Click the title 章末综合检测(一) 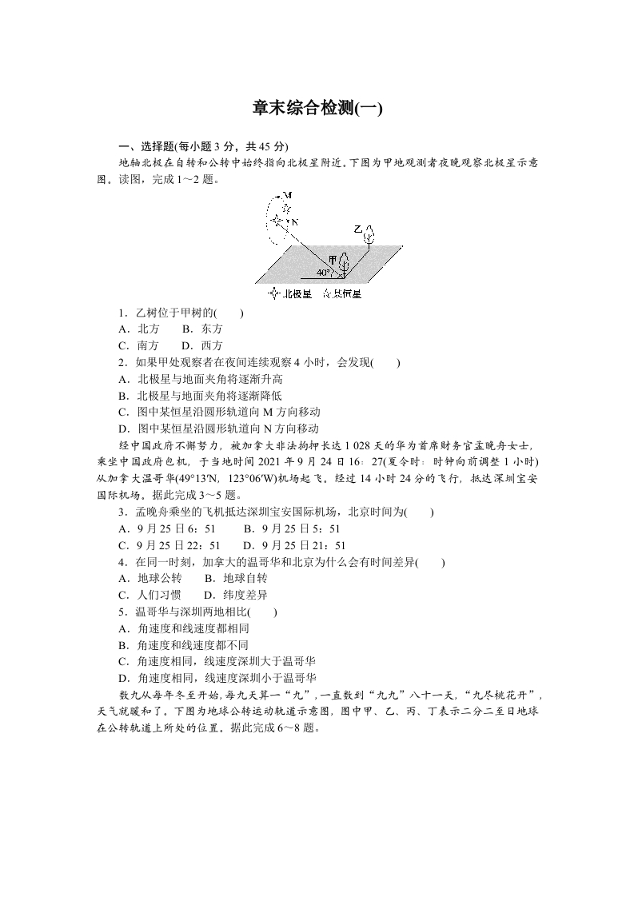pyautogui.click(x=317, y=108)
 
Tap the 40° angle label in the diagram pyautogui.click(x=322, y=273)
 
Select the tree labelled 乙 pyautogui.click(x=369, y=235)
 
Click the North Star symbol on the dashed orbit pyautogui.click(x=277, y=220)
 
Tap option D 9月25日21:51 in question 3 pyautogui.click(x=294, y=545)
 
